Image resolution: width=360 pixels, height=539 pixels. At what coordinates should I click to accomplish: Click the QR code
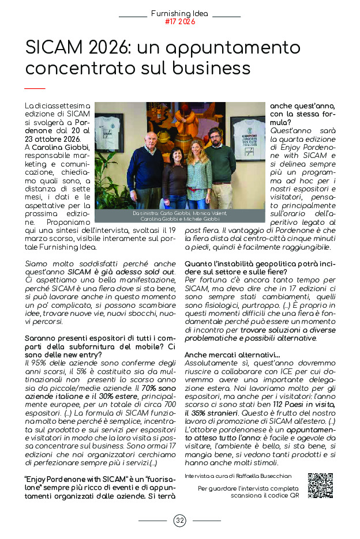[x=320, y=485]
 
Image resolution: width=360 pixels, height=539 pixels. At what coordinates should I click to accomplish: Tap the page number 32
[x=180, y=521]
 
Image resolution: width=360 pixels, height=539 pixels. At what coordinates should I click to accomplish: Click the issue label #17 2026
[x=180, y=22]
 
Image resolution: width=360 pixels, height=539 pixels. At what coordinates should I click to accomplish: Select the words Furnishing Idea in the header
[x=180, y=13]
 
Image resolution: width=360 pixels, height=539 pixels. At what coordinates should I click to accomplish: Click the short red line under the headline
[x=35, y=88]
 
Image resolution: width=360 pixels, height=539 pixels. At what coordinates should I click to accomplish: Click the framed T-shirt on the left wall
[x=109, y=131]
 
